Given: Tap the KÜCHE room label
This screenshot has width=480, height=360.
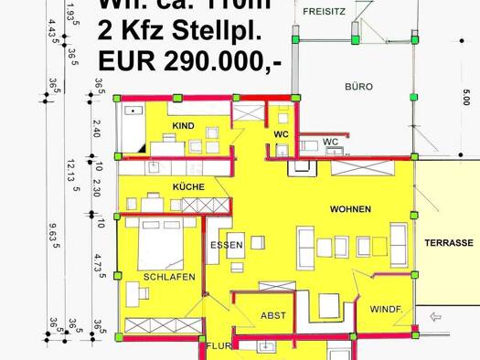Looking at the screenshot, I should [x=188, y=186].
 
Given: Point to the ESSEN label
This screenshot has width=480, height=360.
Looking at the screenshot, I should [x=226, y=245].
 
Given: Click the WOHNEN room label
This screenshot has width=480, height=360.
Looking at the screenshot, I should [x=350, y=209].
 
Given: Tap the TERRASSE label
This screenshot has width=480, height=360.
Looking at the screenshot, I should [x=448, y=243].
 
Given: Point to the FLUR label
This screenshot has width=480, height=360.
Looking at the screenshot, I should [x=218, y=347].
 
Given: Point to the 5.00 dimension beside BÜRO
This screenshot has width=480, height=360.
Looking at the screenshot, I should [x=466, y=96].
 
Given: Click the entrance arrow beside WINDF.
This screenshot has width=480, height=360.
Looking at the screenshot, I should [x=435, y=318].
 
